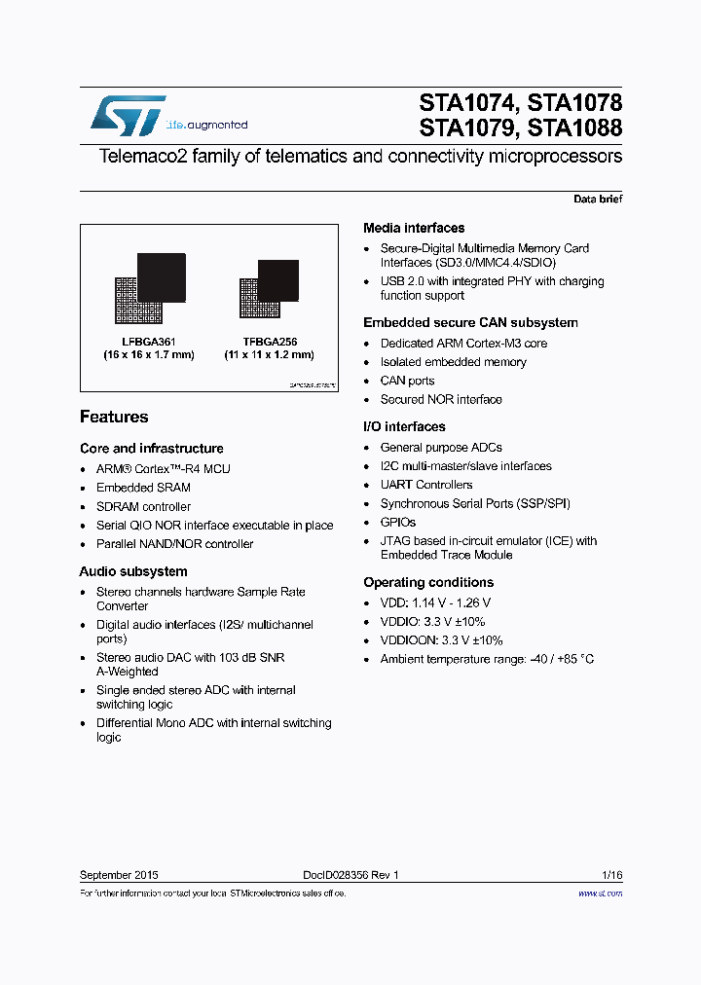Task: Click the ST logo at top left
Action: pyautogui.click(x=128, y=116)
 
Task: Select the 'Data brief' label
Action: pyautogui.click(x=597, y=199)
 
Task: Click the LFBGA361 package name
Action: pyautogui.click(x=148, y=342)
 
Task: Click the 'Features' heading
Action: pyautogui.click(x=114, y=417)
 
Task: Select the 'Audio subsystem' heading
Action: pyautogui.click(x=133, y=571)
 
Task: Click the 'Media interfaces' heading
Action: pyautogui.click(x=414, y=228)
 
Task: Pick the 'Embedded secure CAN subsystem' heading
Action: pyautogui.click(x=470, y=322)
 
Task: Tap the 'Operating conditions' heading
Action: pyautogui.click(x=428, y=582)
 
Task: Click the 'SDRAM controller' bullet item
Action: pyautogui.click(x=143, y=506)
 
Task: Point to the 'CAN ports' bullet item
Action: pyautogui.click(x=407, y=381)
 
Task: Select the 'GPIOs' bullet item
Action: pyautogui.click(x=397, y=522)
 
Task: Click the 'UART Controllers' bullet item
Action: pyautogui.click(x=426, y=485)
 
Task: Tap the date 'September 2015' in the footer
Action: pyautogui.click(x=119, y=875)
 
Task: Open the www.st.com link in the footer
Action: pyautogui.click(x=600, y=893)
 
